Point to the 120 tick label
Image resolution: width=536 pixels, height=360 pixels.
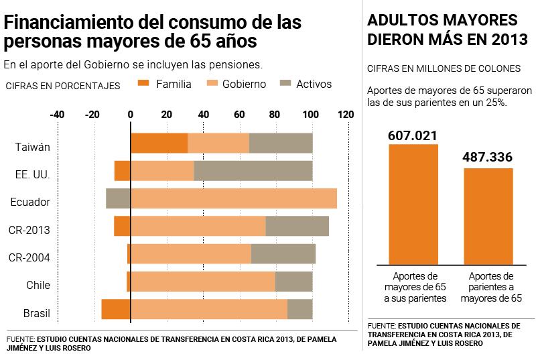click(346, 115)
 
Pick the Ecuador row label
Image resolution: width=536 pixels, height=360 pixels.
click(30, 202)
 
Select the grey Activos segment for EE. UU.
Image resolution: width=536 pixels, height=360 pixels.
click(253, 171)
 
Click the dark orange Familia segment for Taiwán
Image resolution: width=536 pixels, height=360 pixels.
click(159, 143)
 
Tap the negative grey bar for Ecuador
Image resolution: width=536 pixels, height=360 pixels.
click(118, 198)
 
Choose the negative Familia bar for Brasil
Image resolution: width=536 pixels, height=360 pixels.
click(116, 309)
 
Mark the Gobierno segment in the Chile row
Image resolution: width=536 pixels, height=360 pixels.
click(202, 282)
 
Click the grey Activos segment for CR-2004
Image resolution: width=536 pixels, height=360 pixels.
click(283, 254)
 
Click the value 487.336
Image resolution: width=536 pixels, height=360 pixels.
click(488, 158)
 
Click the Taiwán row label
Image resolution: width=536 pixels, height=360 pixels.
click(33, 147)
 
